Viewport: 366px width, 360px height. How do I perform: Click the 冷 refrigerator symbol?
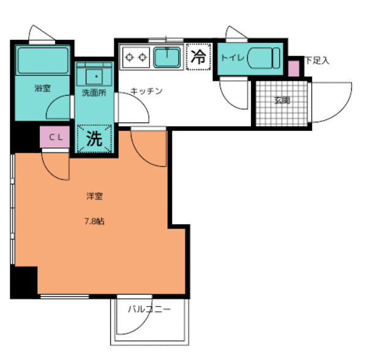199,57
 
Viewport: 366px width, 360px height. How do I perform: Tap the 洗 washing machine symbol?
94,139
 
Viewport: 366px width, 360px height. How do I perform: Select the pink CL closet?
54,137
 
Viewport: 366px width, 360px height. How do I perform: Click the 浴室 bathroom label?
42,88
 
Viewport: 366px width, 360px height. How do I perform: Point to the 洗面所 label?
94,92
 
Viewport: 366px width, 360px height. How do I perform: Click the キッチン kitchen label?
146,91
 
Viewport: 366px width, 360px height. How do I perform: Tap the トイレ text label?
233,58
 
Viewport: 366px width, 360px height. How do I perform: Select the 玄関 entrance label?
282,100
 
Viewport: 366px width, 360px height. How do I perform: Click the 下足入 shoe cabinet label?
318,61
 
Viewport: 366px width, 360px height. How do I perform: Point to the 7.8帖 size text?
94,221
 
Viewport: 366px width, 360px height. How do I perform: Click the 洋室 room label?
94,196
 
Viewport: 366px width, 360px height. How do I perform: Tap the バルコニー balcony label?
149,309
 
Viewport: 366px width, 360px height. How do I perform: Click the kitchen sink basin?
167,57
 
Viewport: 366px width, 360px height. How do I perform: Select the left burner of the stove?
129,57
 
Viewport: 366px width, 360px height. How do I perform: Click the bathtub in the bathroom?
43,61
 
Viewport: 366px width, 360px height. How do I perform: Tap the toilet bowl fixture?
263,58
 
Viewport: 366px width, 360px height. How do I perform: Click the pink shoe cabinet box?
294,68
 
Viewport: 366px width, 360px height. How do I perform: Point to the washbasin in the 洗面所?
94,77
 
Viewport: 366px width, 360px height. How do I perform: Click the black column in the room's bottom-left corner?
24,282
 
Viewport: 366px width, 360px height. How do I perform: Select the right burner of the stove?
143,57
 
